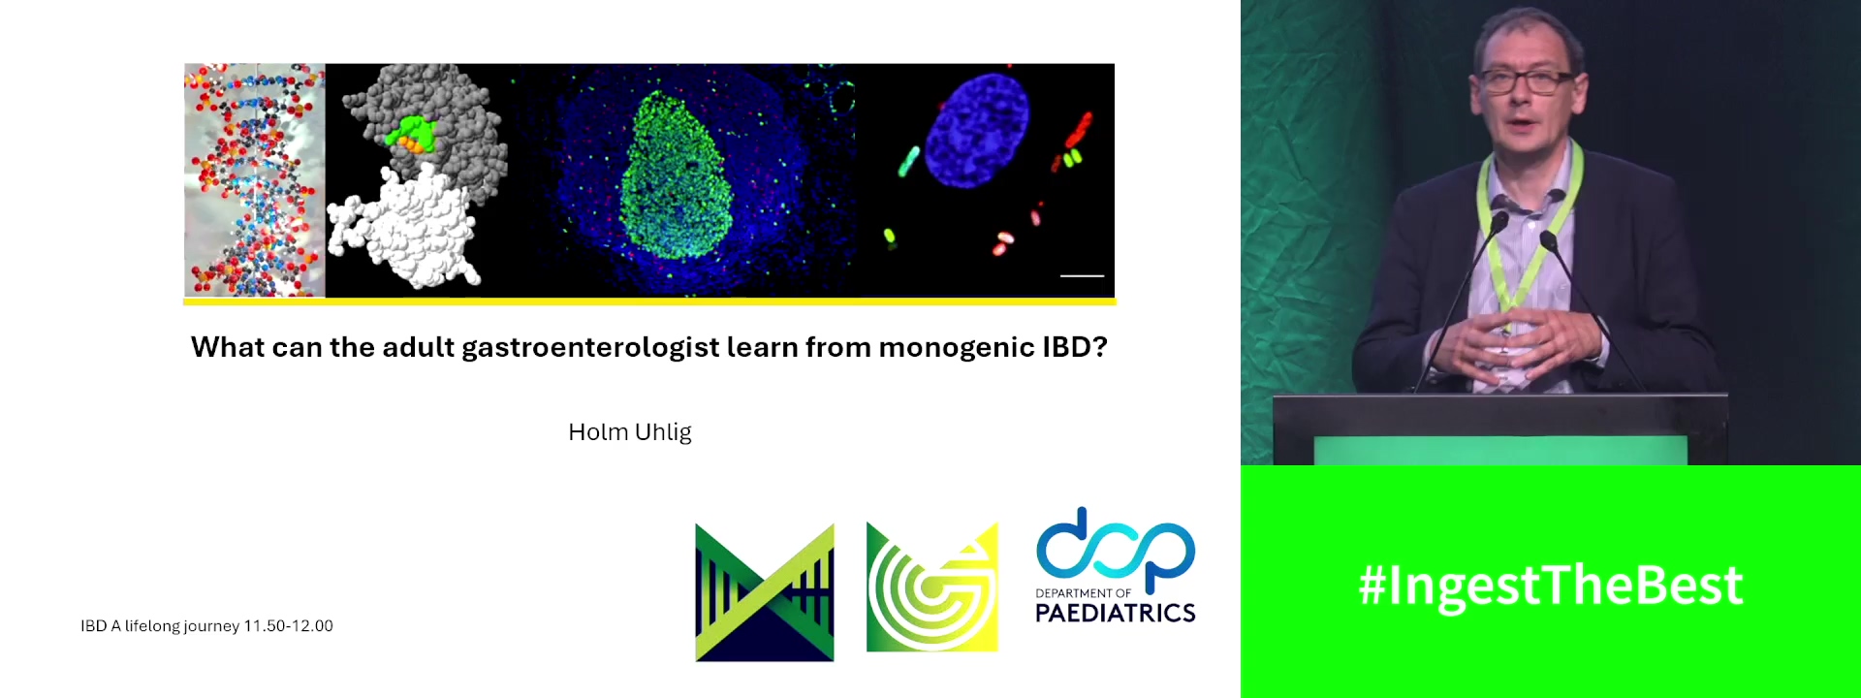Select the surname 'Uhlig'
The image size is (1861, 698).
pyautogui.click(x=663, y=432)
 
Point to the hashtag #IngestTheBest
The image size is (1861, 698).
pyautogui.click(x=1550, y=586)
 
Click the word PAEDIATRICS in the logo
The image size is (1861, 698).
pyautogui.click(x=1115, y=613)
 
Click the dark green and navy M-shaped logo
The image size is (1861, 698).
pyautogui.click(x=764, y=592)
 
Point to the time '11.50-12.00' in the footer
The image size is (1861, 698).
pyautogui.click(x=288, y=626)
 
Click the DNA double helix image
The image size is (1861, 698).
pyautogui.click(x=254, y=179)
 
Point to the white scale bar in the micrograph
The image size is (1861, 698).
pyautogui.click(x=1082, y=276)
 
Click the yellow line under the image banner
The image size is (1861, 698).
pyautogui.click(x=649, y=301)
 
